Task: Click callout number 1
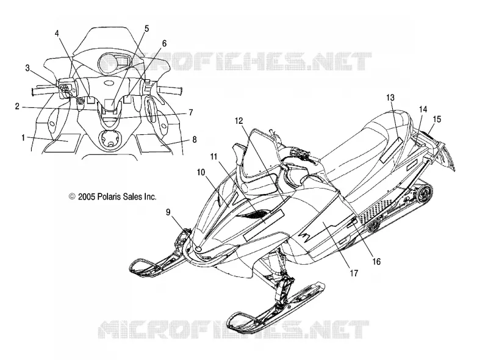(23, 137)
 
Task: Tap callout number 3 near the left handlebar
(27, 68)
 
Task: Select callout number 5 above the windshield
(146, 29)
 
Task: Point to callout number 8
(195, 140)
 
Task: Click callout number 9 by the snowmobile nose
(168, 212)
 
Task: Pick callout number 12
(239, 121)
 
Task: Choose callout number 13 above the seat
(390, 98)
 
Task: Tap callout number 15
(437, 119)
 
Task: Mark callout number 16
(376, 262)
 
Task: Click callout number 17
(354, 273)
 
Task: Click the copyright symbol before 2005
(72, 196)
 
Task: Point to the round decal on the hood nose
(198, 248)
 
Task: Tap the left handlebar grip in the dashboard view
(44, 91)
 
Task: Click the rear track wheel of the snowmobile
(425, 193)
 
